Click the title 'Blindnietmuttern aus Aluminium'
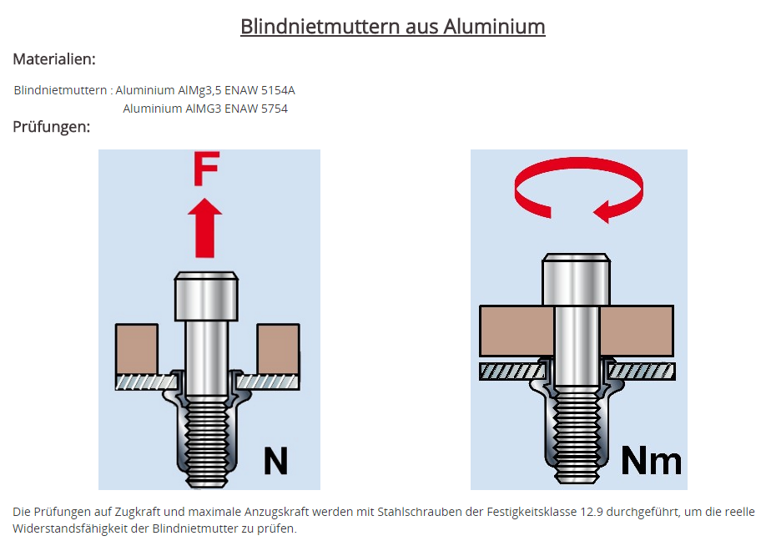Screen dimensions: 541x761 point(392,27)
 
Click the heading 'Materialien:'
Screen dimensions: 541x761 point(54,59)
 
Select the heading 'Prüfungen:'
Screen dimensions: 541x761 point(51,127)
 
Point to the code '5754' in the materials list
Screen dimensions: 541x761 point(272,109)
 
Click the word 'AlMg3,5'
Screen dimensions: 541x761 point(200,90)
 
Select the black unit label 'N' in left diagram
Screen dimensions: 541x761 point(275,462)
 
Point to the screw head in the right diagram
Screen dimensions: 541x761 point(576,279)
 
